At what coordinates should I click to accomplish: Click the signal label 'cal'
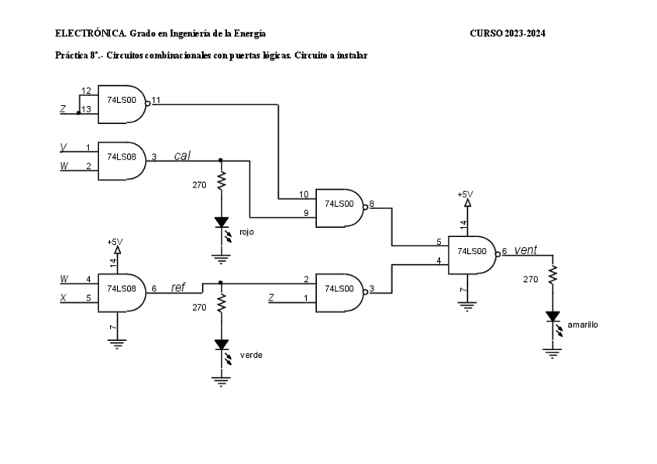[183, 156]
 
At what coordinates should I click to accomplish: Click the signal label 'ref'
[178, 287]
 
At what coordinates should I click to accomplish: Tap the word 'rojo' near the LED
[246, 232]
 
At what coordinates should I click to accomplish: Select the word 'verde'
[250, 354]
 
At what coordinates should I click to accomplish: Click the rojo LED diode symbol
[221, 222]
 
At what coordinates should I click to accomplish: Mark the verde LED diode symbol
[221, 345]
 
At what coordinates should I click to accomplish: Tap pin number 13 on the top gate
[87, 110]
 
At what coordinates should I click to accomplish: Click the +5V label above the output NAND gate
[465, 194]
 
